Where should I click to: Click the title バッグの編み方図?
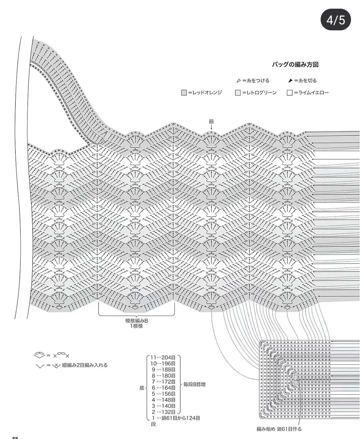[x=295, y=65]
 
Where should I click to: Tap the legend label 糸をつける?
[x=256, y=81]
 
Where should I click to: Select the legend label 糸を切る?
[x=305, y=81]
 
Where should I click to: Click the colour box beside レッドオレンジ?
[x=184, y=93]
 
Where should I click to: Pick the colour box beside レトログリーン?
[x=238, y=93]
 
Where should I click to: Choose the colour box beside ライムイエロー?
[x=290, y=93]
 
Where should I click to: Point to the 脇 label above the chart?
[x=211, y=122]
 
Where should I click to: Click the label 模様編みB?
[x=136, y=321]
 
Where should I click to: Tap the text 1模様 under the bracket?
[x=136, y=326]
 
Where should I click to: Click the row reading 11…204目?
[x=163, y=358]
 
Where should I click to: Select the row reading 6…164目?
[x=163, y=388]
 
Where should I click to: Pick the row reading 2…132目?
[x=163, y=412]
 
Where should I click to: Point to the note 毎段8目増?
[x=195, y=384]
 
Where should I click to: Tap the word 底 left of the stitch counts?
[x=142, y=388]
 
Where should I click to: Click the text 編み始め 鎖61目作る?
[x=279, y=429]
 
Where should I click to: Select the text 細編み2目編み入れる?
[x=85, y=365]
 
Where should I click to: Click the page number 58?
[x=15, y=437]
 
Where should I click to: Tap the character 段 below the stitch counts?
[x=153, y=424]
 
